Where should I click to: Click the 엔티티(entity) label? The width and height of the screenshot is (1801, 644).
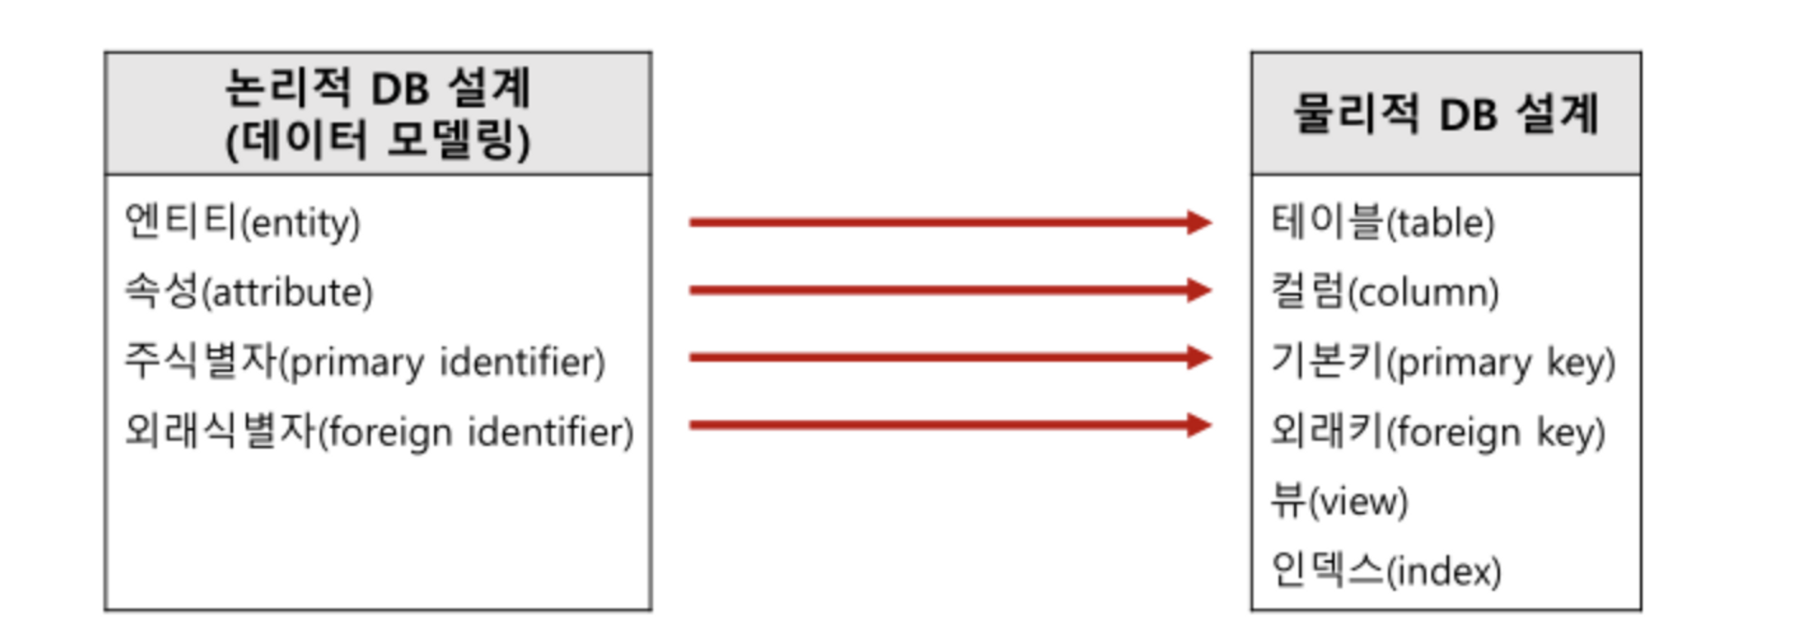(x=242, y=222)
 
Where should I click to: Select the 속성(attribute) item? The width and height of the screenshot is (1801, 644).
(x=249, y=292)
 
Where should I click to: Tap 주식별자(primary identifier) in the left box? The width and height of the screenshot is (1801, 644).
(x=365, y=361)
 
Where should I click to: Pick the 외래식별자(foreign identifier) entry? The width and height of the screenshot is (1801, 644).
(x=379, y=431)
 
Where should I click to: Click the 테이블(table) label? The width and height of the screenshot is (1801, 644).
(x=1382, y=222)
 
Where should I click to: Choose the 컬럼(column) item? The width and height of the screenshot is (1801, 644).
(x=1385, y=292)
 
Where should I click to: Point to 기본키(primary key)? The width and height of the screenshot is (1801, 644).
(x=1443, y=361)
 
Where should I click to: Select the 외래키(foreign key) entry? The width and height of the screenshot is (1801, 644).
(x=1438, y=431)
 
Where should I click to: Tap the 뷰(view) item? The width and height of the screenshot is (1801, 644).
(x=1339, y=500)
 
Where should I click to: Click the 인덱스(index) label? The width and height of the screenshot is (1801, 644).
(x=1386, y=569)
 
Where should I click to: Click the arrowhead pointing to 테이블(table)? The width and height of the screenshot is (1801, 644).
(x=1199, y=222)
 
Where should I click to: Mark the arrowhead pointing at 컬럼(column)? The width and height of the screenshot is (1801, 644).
(x=1199, y=290)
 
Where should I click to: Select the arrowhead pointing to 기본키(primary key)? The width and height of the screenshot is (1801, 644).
(x=1199, y=358)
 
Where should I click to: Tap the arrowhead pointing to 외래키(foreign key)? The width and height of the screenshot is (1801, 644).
(x=1199, y=425)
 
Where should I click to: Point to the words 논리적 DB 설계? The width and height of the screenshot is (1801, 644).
(x=378, y=88)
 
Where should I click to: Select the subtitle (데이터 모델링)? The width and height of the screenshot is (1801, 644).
(x=378, y=140)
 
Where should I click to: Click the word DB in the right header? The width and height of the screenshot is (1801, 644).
(x=1468, y=115)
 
